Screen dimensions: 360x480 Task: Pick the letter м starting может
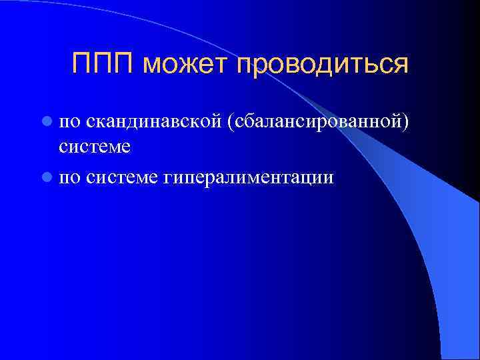(x=150, y=66)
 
